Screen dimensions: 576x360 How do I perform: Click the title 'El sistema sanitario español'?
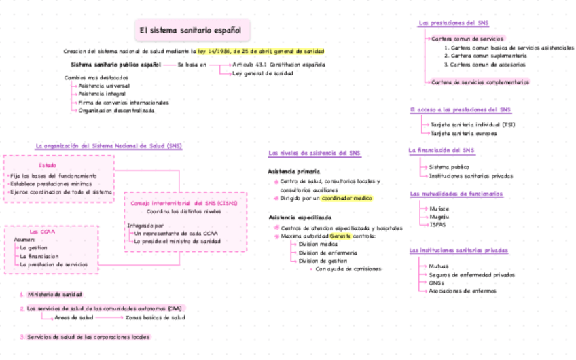click(192, 30)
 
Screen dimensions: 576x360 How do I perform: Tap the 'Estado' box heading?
click(47, 165)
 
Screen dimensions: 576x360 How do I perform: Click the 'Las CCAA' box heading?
click(38, 232)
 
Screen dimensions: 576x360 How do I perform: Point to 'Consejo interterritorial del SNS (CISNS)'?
click(184, 203)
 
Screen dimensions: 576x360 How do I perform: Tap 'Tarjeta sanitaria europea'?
click(463, 134)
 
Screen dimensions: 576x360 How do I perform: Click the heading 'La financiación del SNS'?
click(441, 150)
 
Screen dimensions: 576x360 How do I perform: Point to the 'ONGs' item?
click(437, 283)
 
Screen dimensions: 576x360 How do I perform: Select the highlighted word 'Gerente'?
click(340, 236)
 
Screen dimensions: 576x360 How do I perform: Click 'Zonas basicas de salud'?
click(156, 317)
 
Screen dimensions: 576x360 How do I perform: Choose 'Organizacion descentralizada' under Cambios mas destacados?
click(116, 110)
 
